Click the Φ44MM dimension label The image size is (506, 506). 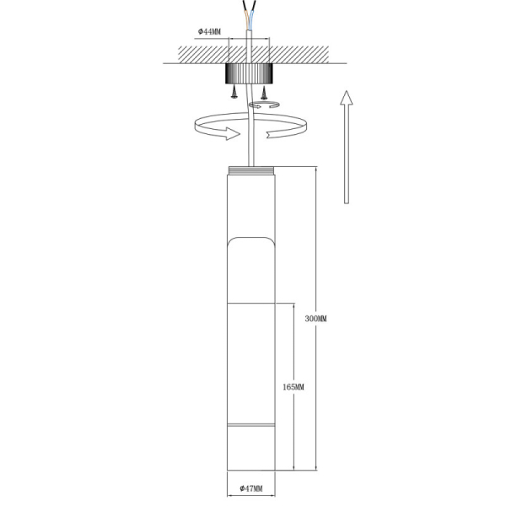tap(210, 31)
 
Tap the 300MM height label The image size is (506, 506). tap(315, 319)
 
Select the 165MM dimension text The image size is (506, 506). tap(293, 386)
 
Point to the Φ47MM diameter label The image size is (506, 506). tap(251, 488)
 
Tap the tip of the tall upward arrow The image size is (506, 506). tap(345, 89)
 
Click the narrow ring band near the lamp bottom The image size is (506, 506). tap(251, 424)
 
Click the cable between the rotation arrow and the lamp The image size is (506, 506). tap(250, 150)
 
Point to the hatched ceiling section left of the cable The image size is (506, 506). tap(198, 52)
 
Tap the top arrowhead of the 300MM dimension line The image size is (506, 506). tap(315, 170)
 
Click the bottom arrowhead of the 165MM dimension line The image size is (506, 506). tap(293, 466)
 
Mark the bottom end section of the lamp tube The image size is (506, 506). tap(251, 448)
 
